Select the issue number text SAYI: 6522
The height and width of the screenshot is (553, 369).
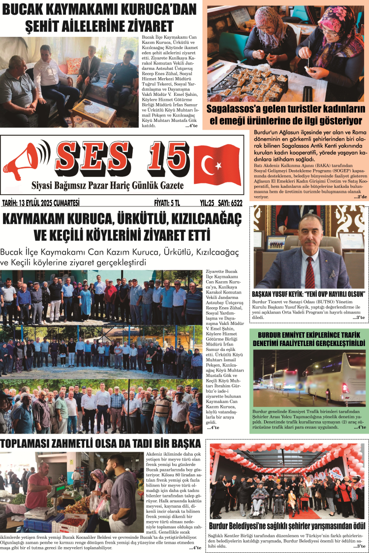(230, 202)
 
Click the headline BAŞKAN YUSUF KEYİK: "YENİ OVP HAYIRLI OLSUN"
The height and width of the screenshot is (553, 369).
(308, 293)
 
